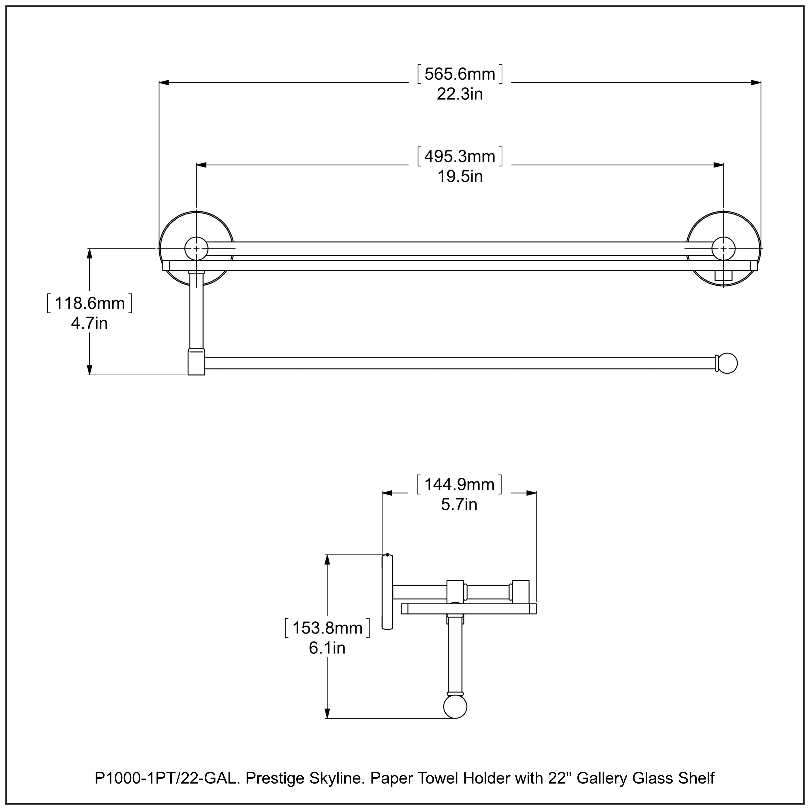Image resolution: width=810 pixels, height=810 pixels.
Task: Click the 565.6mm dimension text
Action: coord(460,74)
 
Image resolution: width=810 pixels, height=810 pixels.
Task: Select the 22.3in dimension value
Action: coord(460,94)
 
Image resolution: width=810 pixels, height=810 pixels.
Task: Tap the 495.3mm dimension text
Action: coord(460,156)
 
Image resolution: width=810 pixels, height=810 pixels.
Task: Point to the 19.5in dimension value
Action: coord(460,177)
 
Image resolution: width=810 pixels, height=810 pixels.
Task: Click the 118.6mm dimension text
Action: coord(90,303)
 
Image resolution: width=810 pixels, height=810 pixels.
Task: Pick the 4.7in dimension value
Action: coord(89,323)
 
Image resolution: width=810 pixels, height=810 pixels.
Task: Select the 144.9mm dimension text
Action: coord(460,485)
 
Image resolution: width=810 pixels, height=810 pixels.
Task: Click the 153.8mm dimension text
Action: coord(328,628)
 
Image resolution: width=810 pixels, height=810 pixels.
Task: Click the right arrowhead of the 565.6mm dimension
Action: coord(755,83)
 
